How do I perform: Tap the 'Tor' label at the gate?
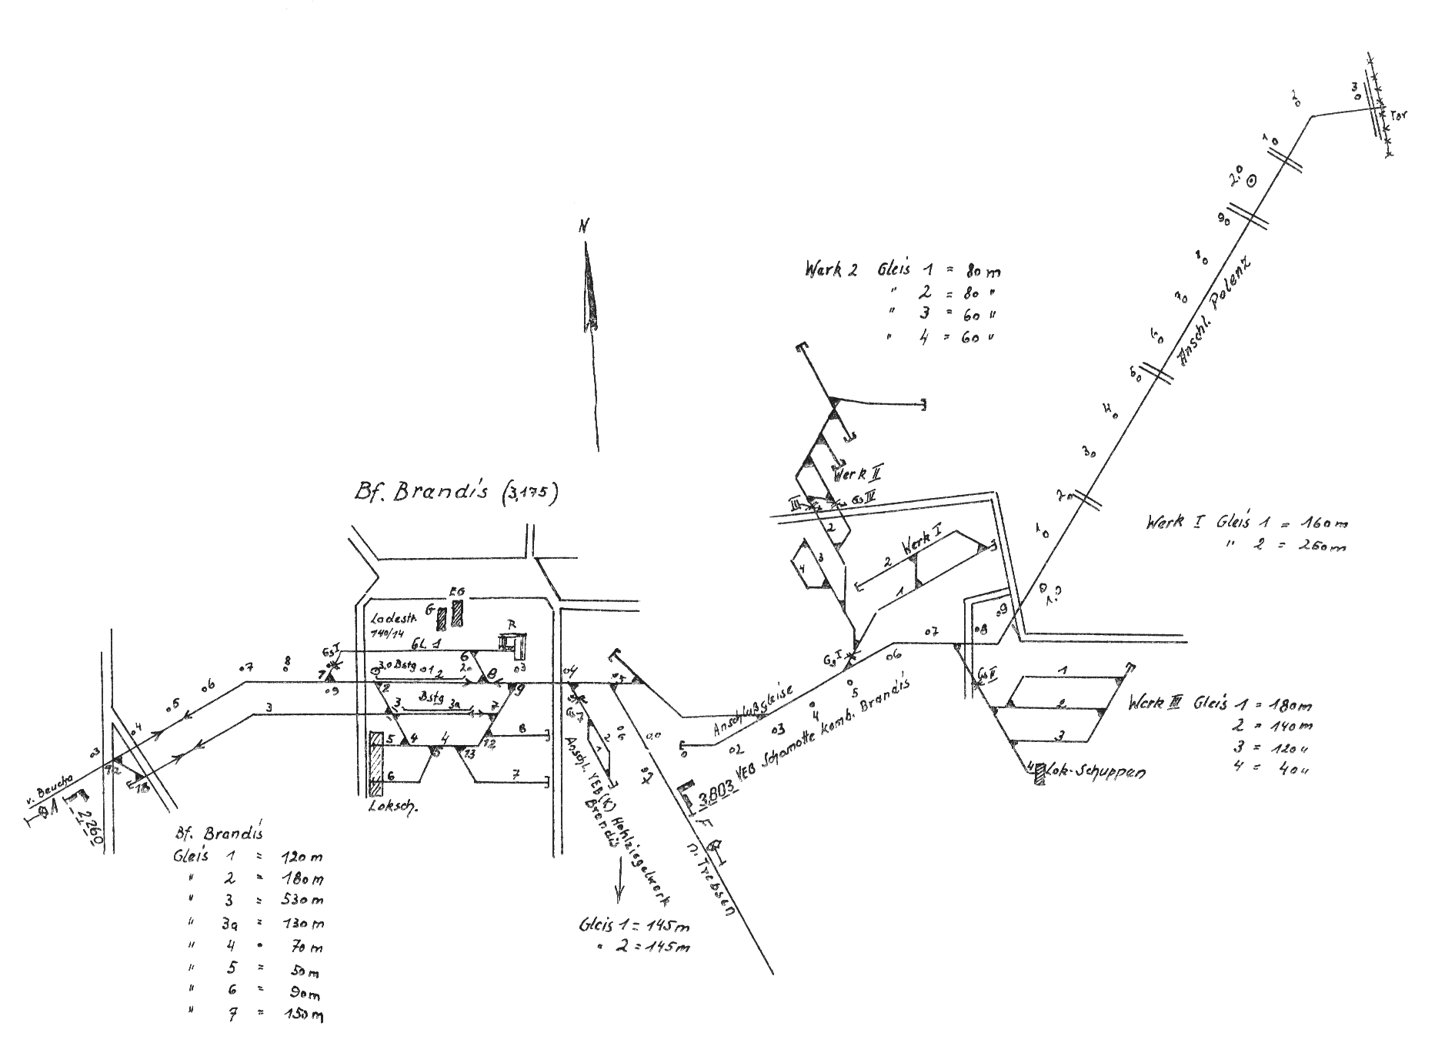pyautogui.click(x=1398, y=116)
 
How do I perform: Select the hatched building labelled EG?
pyautogui.click(x=458, y=613)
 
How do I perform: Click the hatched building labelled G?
pyautogui.click(x=442, y=619)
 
